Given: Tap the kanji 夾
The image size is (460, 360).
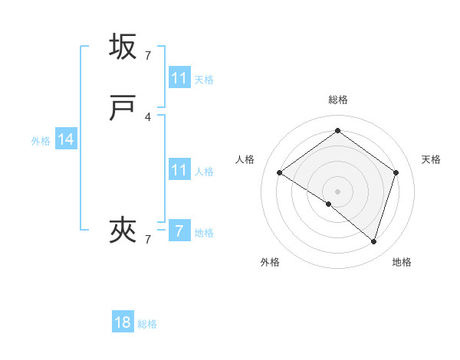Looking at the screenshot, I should (123, 229).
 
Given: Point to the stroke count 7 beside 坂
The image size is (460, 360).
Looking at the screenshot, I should (148, 56).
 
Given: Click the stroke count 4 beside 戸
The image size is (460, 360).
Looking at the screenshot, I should (148, 117).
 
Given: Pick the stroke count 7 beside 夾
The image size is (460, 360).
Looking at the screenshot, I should (148, 239).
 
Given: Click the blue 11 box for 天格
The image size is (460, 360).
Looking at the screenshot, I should (179, 78).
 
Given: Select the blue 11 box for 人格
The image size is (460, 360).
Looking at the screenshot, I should (179, 170).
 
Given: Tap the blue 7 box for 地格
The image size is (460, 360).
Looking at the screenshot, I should (179, 231).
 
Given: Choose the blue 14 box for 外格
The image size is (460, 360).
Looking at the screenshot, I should (66, 139).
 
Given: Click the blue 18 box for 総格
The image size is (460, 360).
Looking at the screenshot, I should (123, 322).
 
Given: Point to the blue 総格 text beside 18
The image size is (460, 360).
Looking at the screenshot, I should (147, 324).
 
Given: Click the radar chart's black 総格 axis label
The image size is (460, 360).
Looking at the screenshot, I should (337, 100).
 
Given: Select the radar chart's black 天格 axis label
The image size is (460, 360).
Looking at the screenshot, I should (431, 159).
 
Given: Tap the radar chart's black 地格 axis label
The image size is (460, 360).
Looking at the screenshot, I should (402, 262).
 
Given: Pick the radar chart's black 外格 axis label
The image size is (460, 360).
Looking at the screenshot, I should (270, 262).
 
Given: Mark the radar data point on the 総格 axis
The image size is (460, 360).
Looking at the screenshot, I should (337, 131).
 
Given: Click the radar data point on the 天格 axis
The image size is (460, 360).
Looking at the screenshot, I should (396, 172).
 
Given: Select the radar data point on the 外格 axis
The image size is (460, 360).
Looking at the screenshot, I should (329, 204).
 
